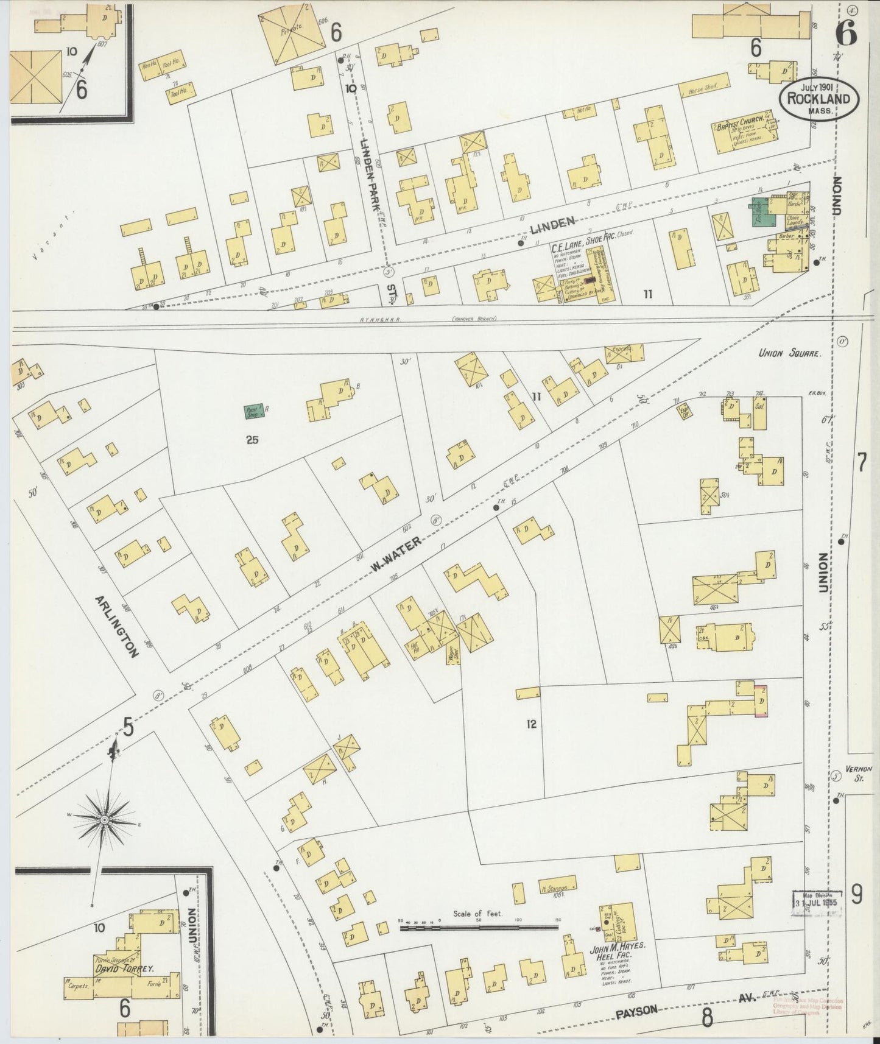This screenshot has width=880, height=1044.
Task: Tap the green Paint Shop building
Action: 254,412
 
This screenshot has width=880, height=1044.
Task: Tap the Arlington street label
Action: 116,626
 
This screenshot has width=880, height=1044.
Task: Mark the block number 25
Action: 252,439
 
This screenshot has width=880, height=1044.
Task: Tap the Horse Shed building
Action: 703,89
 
